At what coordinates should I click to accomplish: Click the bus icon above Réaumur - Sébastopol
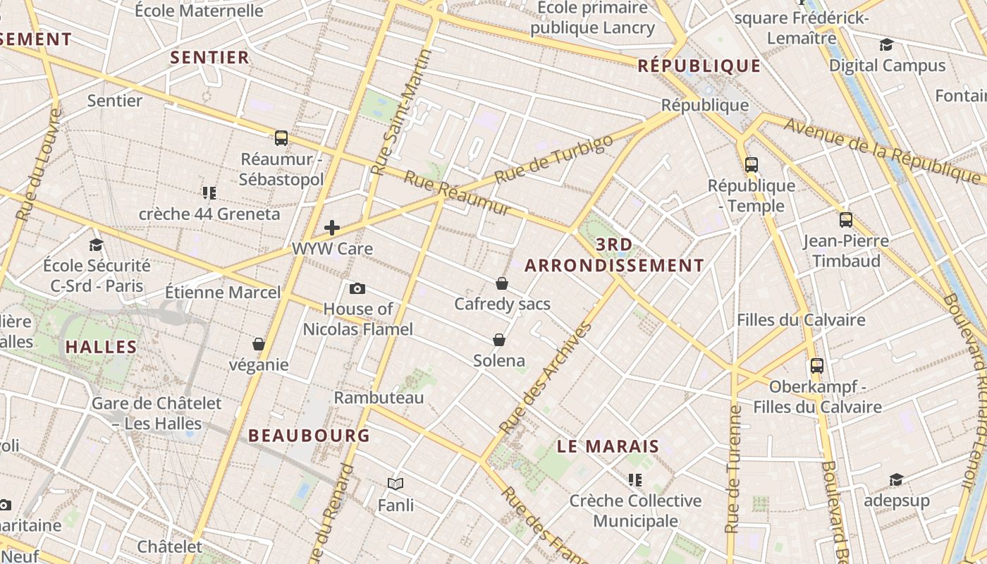point(281,138)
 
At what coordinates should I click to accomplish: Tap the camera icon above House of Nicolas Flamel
point(357,288)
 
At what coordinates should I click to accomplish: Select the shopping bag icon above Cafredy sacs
point(502,283)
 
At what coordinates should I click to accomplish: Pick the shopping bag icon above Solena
point(499,340)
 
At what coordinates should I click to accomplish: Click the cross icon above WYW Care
point(332,228)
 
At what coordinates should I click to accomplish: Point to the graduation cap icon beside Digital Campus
point(886,45)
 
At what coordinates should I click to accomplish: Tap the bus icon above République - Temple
point(752,165)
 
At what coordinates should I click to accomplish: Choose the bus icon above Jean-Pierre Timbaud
point(846,220)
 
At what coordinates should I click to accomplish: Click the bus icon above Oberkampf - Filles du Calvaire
point(817,366)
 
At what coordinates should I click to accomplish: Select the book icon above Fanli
point(396,484)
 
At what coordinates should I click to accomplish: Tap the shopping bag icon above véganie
point(259,344)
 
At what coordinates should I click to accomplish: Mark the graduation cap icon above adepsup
point(896,480)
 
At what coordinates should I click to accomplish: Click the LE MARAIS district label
point(608,446)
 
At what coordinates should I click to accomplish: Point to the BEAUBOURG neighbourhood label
point(309,436)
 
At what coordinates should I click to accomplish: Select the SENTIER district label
point(210,58)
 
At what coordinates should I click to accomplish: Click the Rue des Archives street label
point(546,378)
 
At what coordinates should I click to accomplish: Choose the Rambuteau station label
point(379,398)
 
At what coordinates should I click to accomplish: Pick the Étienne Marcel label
point(223,292)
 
